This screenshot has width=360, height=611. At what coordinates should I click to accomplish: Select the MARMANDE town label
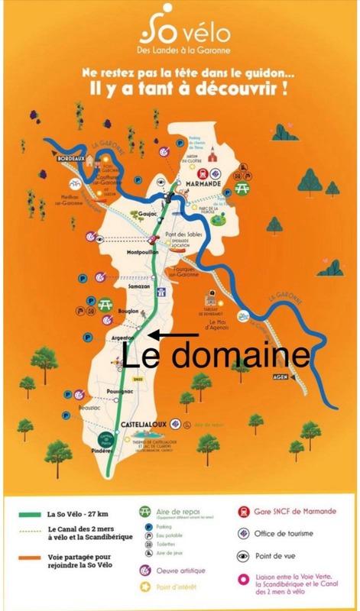[x=203, y=184]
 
